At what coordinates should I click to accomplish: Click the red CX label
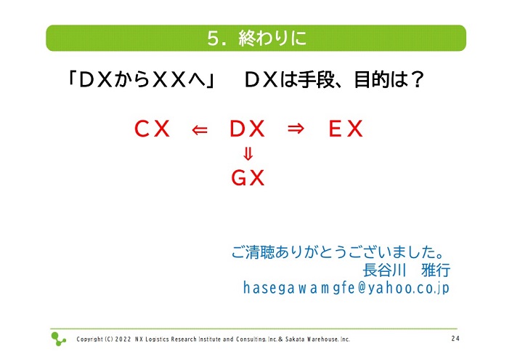click(153, 129)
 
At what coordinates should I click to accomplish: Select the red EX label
click(346, 129)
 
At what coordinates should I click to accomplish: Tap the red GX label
click(248, 178)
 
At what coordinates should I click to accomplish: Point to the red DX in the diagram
click(247, 129)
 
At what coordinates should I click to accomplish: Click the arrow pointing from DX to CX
click(200, 130)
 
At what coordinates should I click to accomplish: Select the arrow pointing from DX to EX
click(296, 129)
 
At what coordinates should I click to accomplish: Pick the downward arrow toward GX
click(248, 154)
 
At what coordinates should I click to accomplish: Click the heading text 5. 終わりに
click(256, 38)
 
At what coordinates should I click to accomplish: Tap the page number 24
click(455, 339)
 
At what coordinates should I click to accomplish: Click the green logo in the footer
click(58, 339)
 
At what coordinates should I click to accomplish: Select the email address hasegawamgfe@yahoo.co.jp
click(346, 288)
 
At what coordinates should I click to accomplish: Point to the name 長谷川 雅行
click(407, 270)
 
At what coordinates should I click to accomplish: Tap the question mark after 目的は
click(418, 80)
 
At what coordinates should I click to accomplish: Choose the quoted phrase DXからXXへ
click(142, 80)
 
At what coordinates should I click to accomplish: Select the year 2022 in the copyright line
click(123, 339)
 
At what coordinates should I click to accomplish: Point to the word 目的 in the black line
click(373, 80)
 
